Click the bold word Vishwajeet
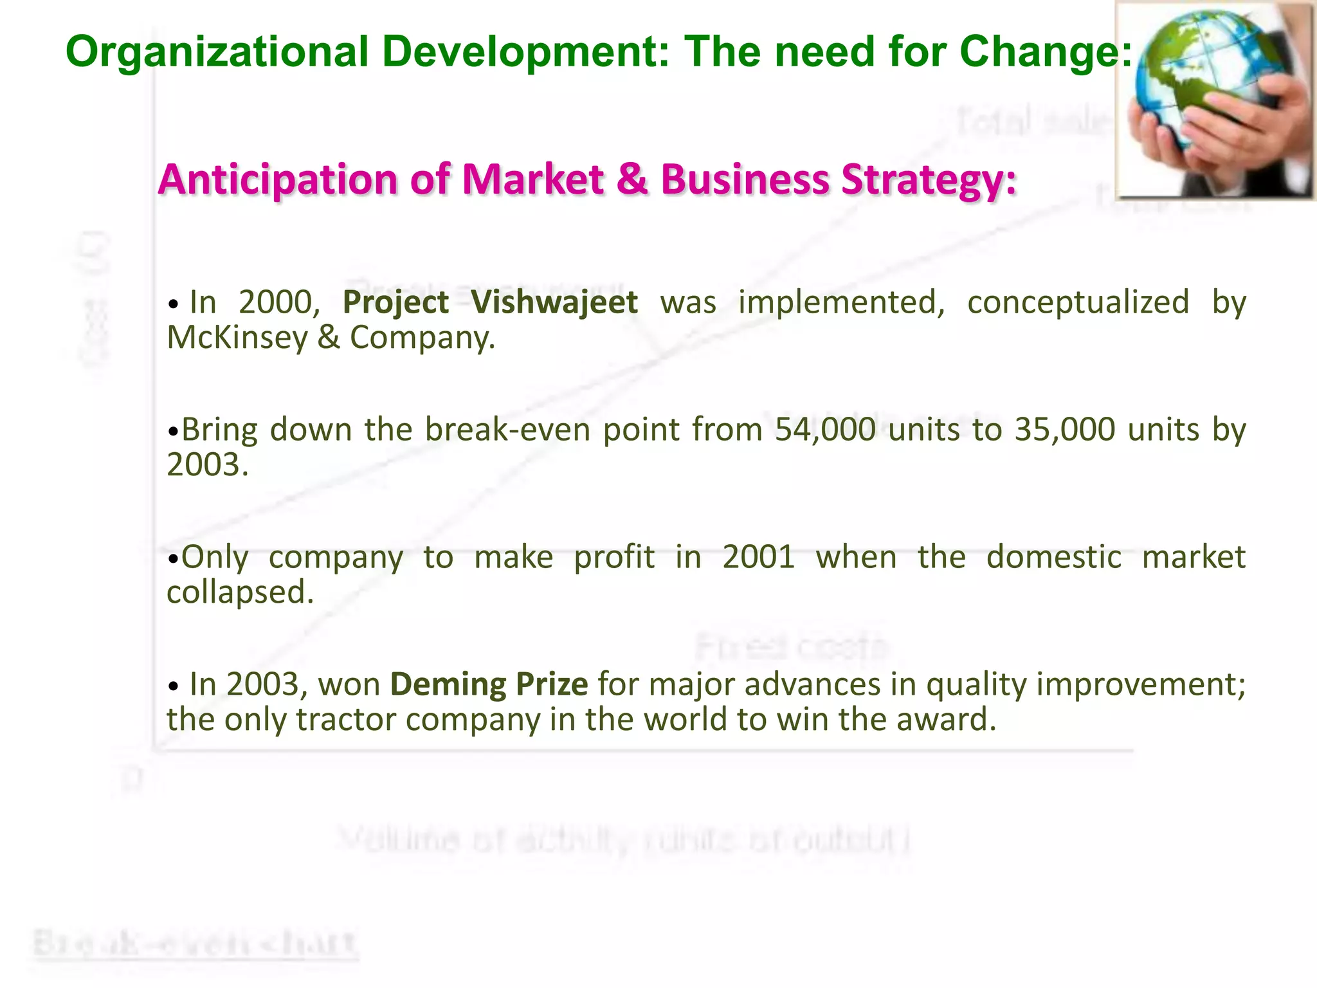coord(554,302)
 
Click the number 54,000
coord(825,429)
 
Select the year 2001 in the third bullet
coord(759,556)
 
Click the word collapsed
coord(240,592)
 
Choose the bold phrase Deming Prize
coord(489,684)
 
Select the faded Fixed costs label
coord(792,646)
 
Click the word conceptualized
coord(1078,302)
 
